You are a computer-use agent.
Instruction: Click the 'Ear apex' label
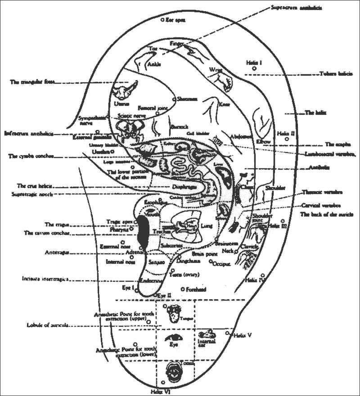click(x=175, y=20)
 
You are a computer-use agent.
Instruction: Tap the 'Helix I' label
click(x=254, y=62)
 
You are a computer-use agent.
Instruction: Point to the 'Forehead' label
click(x=197, y=289)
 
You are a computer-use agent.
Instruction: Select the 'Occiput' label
click(x=221, y=262)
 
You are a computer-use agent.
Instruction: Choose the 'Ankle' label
click(x=154, y=64)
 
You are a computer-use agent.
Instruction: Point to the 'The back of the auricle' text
click(x=327, y=215)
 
